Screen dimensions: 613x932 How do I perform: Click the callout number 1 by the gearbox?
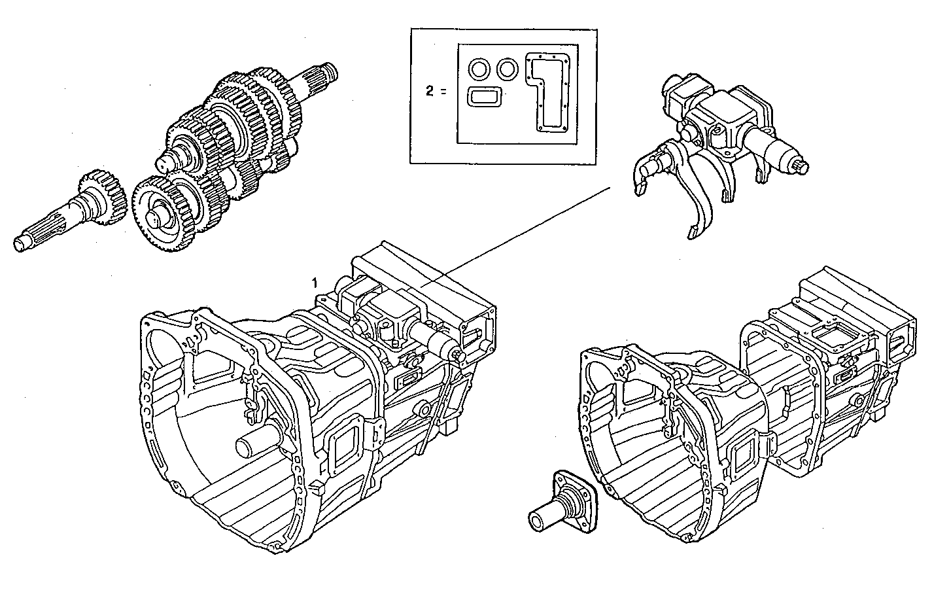pos(315,283)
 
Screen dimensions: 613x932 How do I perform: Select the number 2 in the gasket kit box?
pos(429,91)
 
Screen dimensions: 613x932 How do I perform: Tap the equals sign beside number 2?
pos(443,91)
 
